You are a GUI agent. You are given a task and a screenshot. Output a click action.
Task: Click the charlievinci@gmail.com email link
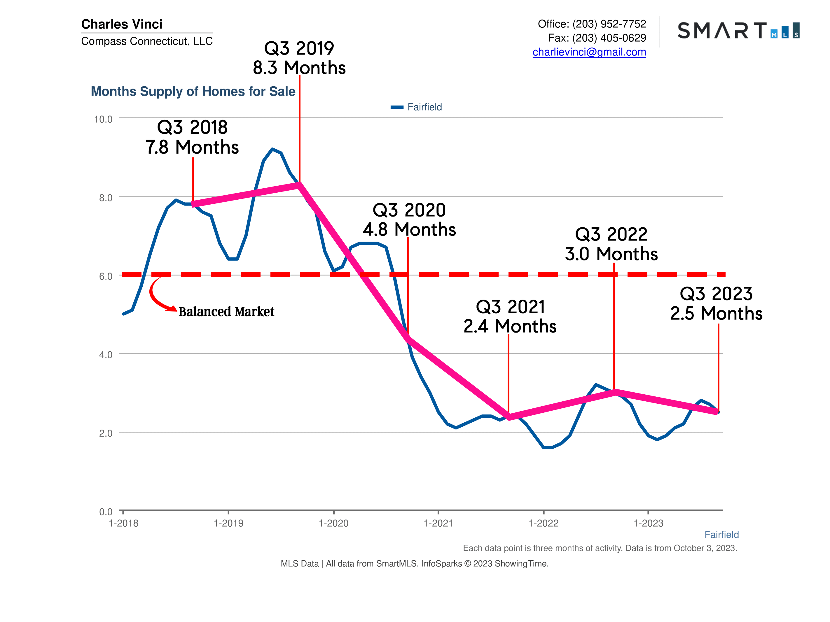pos(589,52)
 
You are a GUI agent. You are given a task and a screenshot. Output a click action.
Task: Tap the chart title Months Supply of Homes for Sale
pos(193,92)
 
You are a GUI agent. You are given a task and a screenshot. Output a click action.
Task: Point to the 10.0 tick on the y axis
pos(103,119)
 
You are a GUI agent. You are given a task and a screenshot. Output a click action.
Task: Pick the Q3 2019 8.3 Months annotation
pos(299,58)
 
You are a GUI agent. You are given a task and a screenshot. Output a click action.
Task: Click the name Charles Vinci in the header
pos(122,24)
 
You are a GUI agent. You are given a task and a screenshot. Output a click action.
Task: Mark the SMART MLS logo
pos(738,31)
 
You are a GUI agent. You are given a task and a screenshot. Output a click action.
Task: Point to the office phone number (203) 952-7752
pos(609,24)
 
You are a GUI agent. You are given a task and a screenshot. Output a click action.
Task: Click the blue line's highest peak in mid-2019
pos(272,149)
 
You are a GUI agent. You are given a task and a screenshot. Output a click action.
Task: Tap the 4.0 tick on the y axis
pos(105,355)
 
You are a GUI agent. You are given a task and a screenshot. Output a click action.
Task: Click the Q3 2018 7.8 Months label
pos(192,137)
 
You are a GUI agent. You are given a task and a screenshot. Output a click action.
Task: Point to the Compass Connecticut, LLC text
pos(147,41)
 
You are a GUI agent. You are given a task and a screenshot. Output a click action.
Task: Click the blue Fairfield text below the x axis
pos(721,534)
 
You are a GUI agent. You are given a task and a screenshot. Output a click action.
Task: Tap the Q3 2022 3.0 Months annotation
pos(611,244)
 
